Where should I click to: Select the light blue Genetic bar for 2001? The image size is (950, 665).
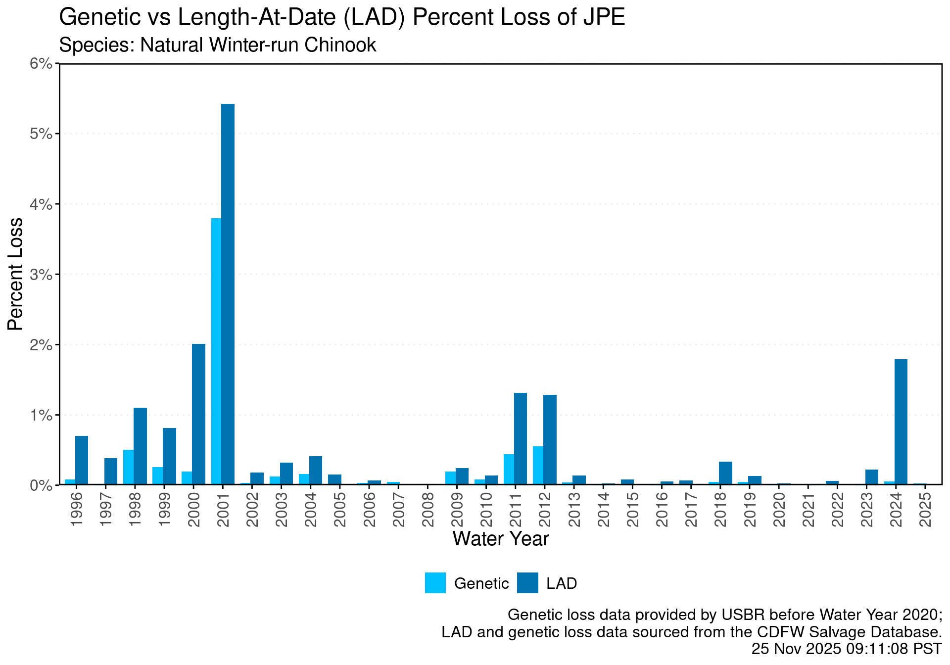pyautogui.click(x=216, y=351)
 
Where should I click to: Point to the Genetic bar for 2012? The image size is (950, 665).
pyautogui.click(x=538, y=465)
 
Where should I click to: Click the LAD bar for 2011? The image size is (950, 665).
pyautogui.click(x=521, y=438)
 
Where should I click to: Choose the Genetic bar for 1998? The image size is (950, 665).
pyautogui.click(x=128, y=467)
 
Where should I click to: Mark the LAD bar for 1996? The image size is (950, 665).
pyautogui.click(x=82, y=460)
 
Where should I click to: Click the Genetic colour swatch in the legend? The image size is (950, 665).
pyautogui.click(x=435, y=583)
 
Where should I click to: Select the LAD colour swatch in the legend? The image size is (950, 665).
pyautogui.click(x=527, y=583)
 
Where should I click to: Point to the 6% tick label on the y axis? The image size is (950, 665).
pyautogui.click(x=41, y=63)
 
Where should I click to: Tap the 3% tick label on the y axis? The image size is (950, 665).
pyautogui.click(x=41, y=274)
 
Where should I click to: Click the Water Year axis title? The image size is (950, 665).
pyautogui.click(x=501, y=539)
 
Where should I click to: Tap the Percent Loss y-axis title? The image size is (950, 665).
pyautogui.click(x=15, y=274)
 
